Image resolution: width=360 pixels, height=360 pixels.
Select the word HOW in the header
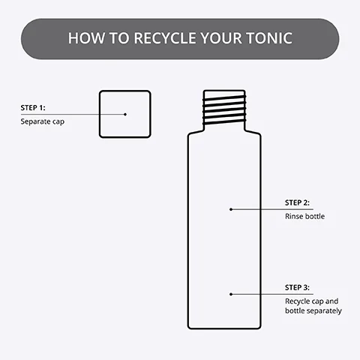click(x=84, y=38)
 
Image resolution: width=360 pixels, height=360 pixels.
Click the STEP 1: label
click(x=34, y=108)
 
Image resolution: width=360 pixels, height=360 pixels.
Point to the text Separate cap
click(x=42, y=121)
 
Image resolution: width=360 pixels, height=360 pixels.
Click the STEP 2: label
click(x=298, y=203)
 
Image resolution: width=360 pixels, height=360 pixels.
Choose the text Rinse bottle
click(x=305, y=216)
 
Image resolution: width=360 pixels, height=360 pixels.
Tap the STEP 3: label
click(x=298, y=287)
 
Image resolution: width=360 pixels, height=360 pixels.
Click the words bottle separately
click(x=313, y=310)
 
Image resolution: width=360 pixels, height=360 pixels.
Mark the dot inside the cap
click(x=125, y=114)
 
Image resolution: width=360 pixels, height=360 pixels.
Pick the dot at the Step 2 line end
click(x=231, y=209)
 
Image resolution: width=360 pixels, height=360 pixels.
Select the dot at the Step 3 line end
click(x=231, y=293)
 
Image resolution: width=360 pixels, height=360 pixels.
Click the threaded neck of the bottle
click(x=225, y=109)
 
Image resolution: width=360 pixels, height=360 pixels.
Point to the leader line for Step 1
click(x=75, y=114)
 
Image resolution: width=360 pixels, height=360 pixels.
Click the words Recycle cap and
click(x=312, y=301)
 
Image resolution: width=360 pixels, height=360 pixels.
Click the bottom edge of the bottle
click(x=225, y=328)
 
